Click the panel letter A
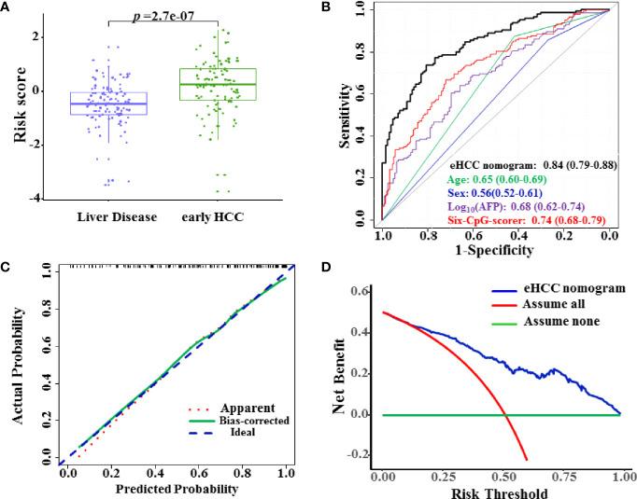pos(7,8)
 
